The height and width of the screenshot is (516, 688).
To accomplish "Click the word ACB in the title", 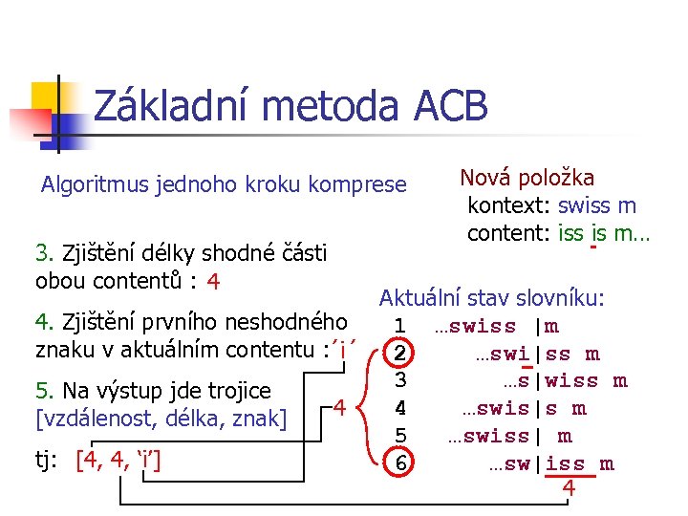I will click(451, 106).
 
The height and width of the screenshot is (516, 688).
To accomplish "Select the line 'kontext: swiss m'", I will click(551, 205).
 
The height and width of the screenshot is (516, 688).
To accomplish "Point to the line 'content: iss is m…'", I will click(558, 233).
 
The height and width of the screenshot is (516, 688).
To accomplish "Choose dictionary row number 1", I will click(401, 326).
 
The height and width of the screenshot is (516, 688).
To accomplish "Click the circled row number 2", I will click(401, 354).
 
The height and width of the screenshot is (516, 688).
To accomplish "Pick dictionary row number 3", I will click(401, 380).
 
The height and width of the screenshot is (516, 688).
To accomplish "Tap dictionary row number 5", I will click(401, 436).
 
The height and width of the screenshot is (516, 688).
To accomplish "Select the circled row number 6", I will click(401, 463).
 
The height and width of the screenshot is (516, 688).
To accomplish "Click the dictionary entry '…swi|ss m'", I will click(537, 354).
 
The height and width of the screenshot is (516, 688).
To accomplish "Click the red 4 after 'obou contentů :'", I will click(214, 282).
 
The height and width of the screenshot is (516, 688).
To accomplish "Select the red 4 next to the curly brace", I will click(339, 408).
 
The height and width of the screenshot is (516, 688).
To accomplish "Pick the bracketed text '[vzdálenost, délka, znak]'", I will click(161, 418).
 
